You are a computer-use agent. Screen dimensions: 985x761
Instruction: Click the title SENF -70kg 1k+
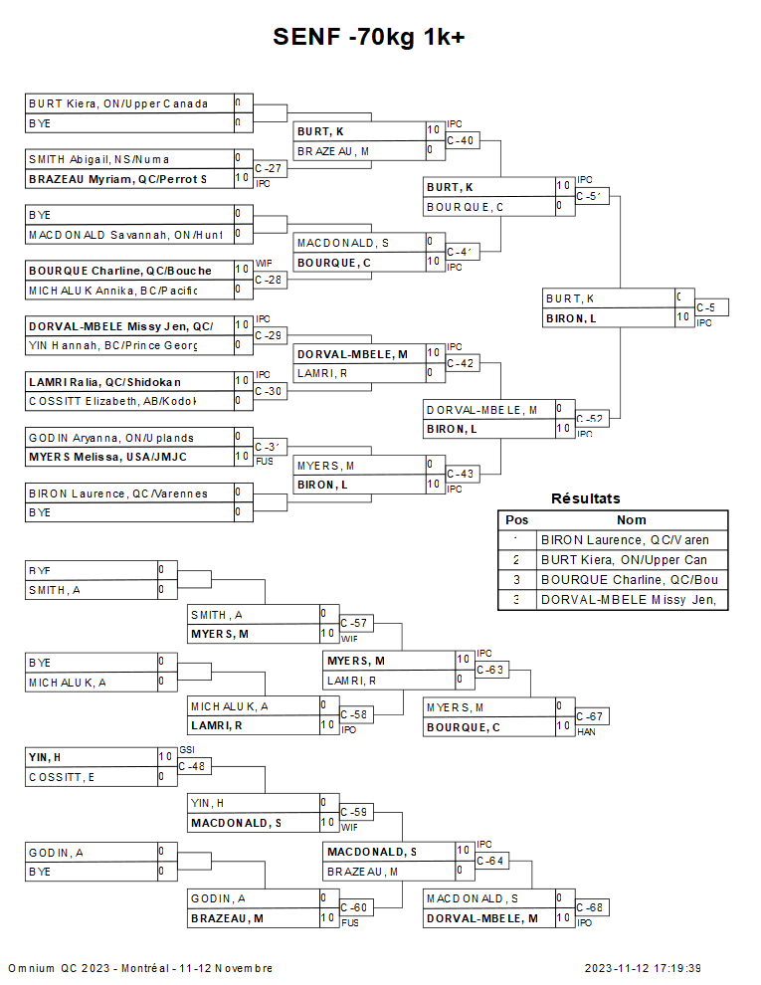coord(370,37)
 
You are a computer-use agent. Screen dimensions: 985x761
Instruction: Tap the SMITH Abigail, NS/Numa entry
coord(99,158)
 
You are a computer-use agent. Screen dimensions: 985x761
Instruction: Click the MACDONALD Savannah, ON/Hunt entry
coord(124,235)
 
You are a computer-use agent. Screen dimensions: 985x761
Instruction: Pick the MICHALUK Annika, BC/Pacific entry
coord(112,290)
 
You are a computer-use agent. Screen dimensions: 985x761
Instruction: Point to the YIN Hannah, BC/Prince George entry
coord(112,345)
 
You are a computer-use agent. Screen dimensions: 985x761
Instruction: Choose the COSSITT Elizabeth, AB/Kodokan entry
coord(112,401)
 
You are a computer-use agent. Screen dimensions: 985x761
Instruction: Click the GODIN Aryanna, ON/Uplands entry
coord(111,438)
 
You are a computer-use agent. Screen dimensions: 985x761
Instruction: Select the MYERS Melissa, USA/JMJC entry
coord(107,457)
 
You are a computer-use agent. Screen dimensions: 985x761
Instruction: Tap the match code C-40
coord(460,140)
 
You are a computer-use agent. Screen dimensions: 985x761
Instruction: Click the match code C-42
coord(460,363)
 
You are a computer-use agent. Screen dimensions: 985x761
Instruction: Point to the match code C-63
coord(489,670)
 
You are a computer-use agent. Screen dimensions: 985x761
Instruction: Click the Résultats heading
coord(585,498)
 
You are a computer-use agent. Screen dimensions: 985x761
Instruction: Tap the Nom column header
coord(631,519)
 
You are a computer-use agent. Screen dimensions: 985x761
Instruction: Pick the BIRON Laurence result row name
coord(631,540)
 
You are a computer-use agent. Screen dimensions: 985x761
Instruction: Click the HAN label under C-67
coord(586,732)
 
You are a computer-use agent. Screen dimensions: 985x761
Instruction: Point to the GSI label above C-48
coord(187,749)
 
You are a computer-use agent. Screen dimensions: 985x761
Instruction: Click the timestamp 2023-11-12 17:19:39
coord(643,968)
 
